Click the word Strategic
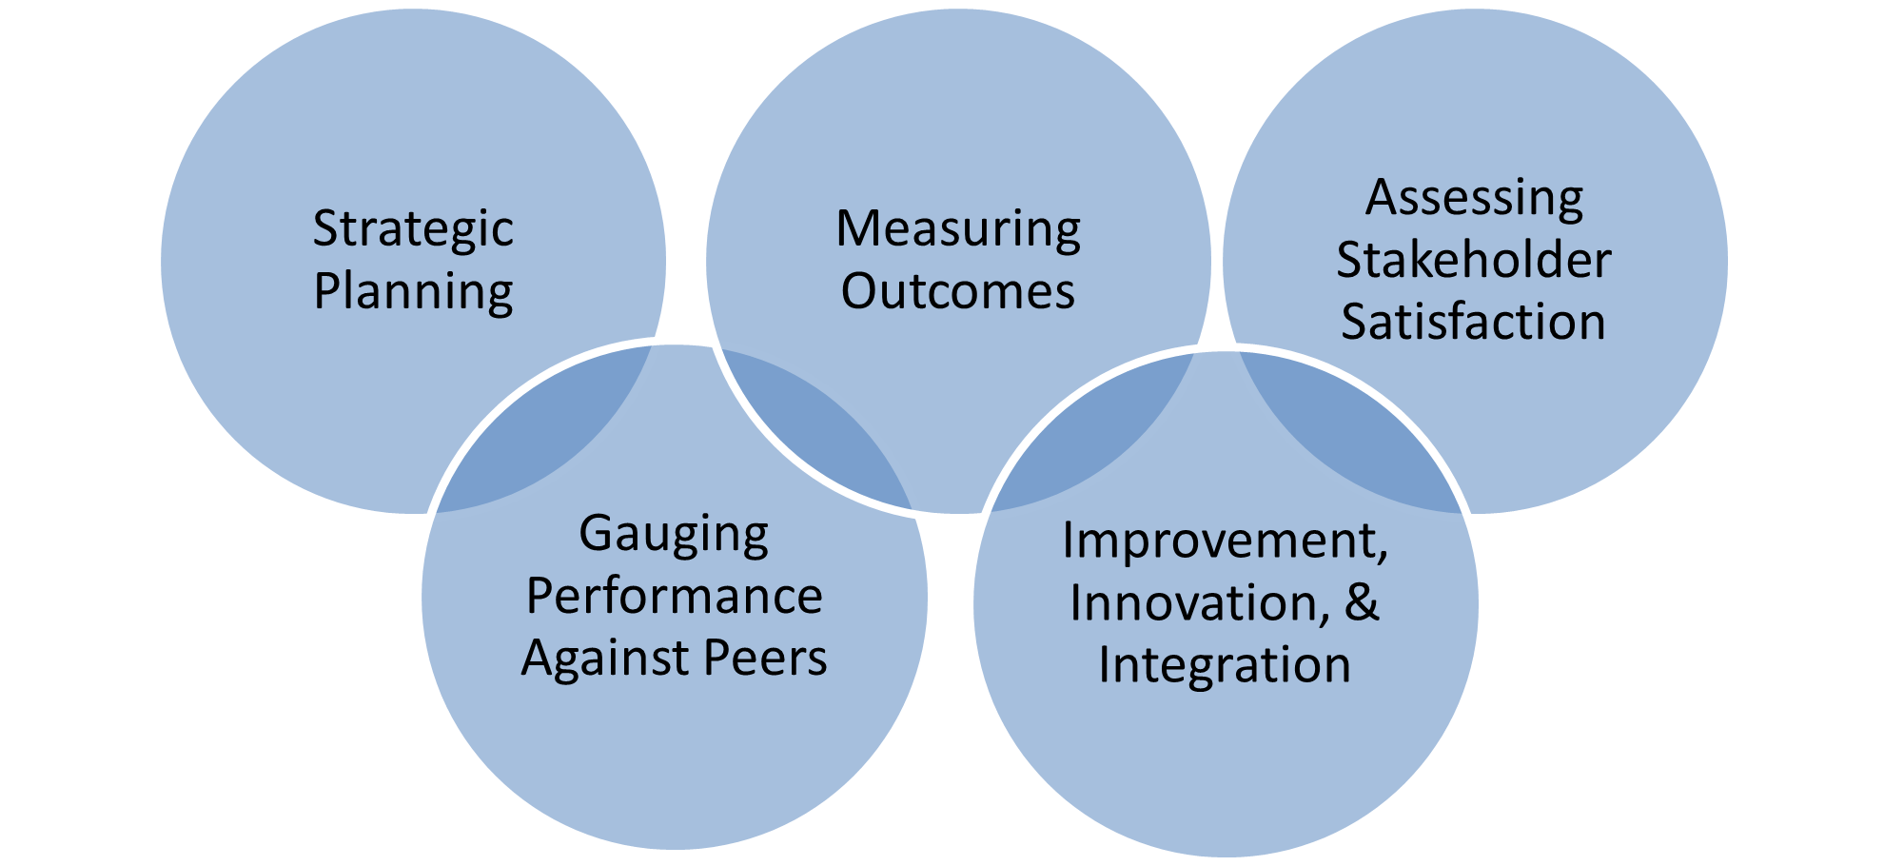[x=413, y=229]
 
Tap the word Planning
[x=413, y=292]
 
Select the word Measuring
[x=958, y=229]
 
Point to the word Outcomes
[x=958, y=291]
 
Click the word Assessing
[x=1474, y=199]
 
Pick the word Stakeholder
[x=1474, y=261]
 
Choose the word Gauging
[x=674, y=534]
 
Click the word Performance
[x=674, y=597]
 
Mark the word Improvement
[x=1225, y=541]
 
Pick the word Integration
[x=1225, y=665]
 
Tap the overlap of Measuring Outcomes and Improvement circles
[x=1094, y=438]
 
